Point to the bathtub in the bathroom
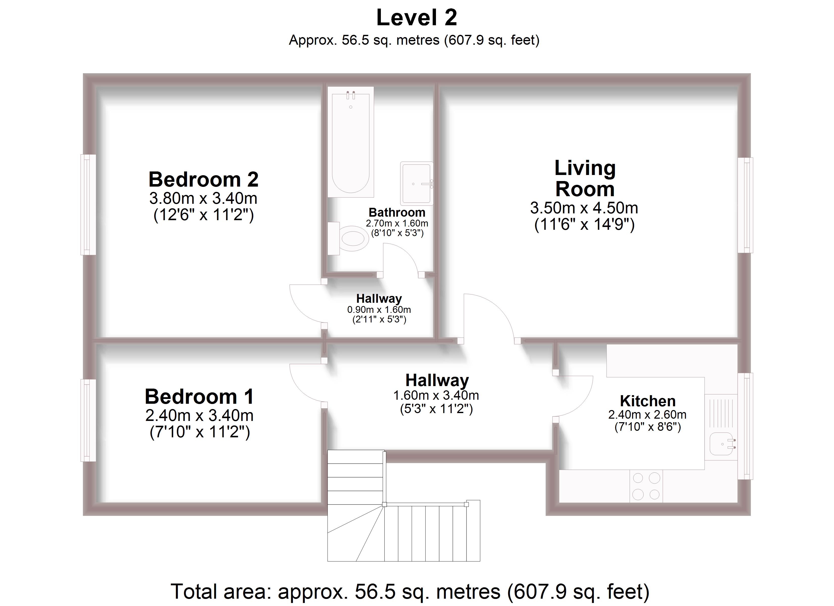(x=351, y=147)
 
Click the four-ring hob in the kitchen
(x=646, y=486)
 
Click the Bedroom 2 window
(x=88, y=205)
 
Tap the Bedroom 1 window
(x=88, y=420)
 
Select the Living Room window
(x=745, y=205)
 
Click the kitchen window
(x=745, y=426)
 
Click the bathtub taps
(x=351, y=95)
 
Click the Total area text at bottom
(x=410, y=591)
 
